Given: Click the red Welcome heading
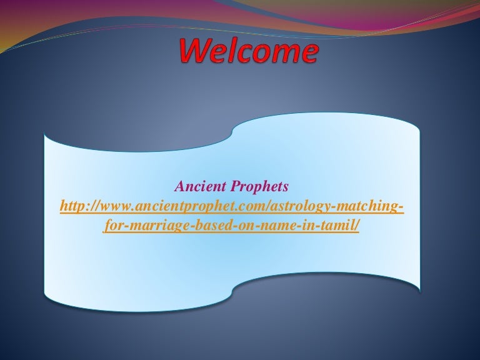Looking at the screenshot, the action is coord(249,51).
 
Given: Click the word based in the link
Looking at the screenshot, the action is coord(211,226).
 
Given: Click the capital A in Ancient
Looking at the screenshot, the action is coord(180,186).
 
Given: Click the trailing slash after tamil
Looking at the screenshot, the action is coord(356,226).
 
